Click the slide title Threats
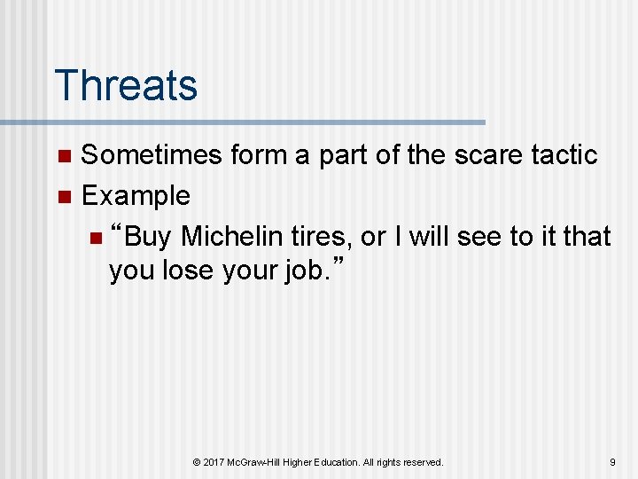point(126,85)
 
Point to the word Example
point(136,195)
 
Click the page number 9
point(612,462)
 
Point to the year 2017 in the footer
point(215,462)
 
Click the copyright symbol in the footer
point(197,462)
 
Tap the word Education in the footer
point(335,462)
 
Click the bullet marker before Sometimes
point(63,157)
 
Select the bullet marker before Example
point(63,198)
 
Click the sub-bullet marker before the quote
point(96,239)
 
